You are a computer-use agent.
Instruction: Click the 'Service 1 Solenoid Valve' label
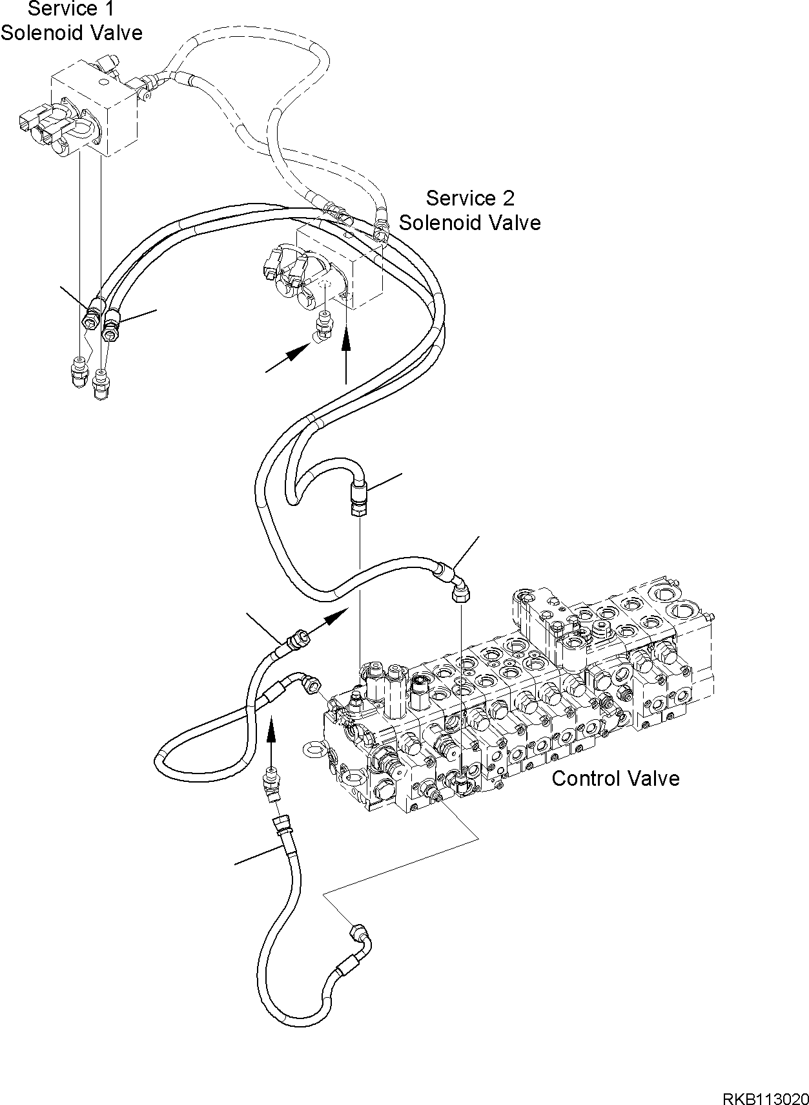coord(71,21)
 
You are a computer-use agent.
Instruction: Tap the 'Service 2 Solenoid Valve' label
coord(469,210)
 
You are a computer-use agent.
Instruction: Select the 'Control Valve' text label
coord(615,778)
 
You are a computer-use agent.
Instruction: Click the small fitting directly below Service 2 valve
coord(322,324)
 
